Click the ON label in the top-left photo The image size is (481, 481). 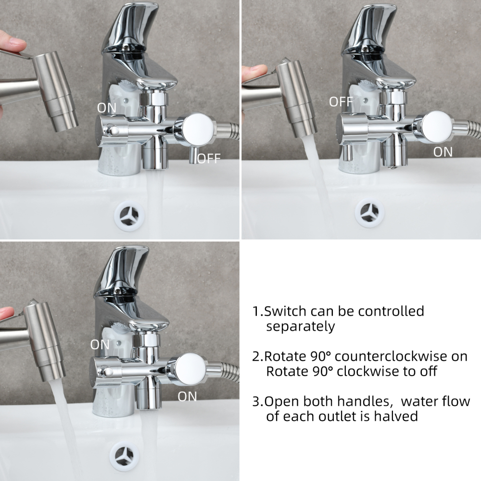coord(106,108)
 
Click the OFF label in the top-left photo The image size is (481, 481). coord(209,158)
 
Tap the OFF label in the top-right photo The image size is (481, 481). coord(341,101)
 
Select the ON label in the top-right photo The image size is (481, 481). coord(443,152)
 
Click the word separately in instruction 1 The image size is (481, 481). coord(300,327)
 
